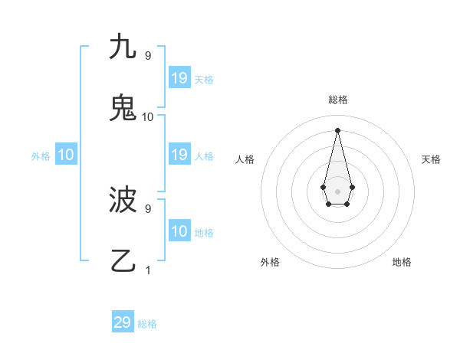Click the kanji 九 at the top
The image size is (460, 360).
[122, 47]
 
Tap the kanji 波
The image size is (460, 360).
[123, 200]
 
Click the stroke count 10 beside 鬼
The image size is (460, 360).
[148, 117]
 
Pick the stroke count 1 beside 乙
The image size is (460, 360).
[148, 270]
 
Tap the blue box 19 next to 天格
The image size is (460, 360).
[179, 78]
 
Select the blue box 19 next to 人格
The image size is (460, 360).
[179, 155]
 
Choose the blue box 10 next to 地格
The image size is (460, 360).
[179, 231]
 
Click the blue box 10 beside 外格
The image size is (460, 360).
[65, 155]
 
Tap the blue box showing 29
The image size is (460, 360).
[123, 322]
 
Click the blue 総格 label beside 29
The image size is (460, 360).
[147, 324]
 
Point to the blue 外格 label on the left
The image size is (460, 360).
[41, 156]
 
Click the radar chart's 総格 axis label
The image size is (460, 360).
[337, 100]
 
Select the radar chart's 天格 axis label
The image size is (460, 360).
[431, 159]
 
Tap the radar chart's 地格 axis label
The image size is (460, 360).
[402, 262]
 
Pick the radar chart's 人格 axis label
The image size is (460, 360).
[245, 159]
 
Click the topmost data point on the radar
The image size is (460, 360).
[337, 129]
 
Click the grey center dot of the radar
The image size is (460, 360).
[337, 191]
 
